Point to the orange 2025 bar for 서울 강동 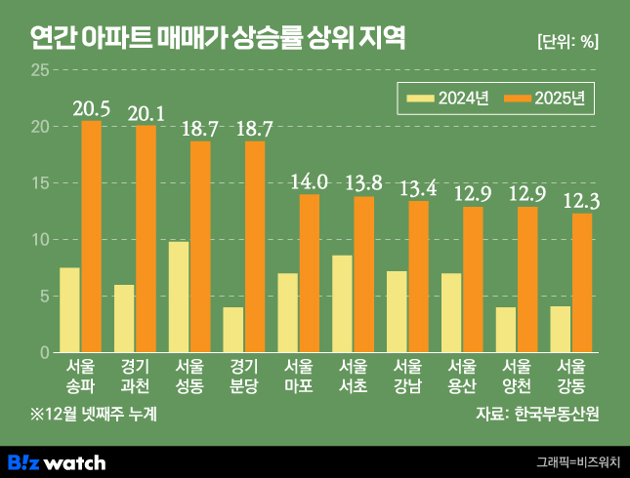[x=582, y=283]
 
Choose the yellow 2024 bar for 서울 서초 [x=342, y=303]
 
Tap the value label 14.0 [x=310, y=182]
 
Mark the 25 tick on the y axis [x=39, y=70]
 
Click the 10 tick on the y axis [x=39, y=239]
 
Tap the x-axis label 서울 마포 [x=298, y=376]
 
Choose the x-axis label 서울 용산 [x=462, y=376]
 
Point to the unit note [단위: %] [x=567, y=41]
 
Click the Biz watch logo [x=57, y=461]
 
